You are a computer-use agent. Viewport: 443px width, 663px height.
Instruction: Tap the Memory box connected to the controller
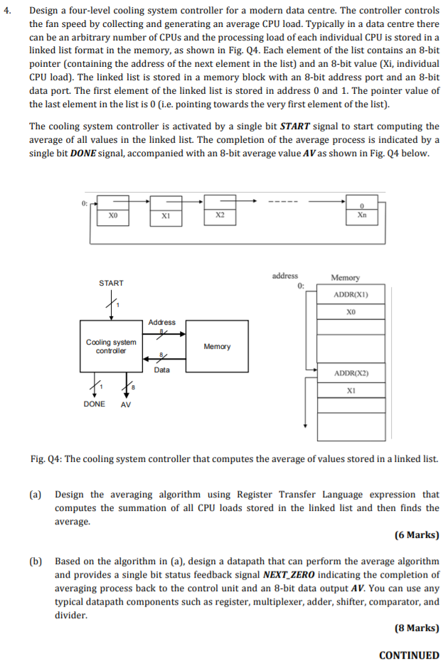[217, 346]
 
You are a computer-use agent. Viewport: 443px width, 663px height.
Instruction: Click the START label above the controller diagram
[111, 283]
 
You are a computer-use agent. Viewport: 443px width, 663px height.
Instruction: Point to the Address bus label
[162, 323]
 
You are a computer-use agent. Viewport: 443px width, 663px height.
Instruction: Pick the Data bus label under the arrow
[162, 370]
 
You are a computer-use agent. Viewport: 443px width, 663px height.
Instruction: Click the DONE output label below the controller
[95, 404]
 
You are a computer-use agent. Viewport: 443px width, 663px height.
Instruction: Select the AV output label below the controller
[126, 404]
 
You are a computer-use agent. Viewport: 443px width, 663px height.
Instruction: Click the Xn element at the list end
[362, 215]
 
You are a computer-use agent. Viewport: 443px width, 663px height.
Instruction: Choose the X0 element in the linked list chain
[112, 215]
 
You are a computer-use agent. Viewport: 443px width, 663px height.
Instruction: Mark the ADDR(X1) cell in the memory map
[351, 295]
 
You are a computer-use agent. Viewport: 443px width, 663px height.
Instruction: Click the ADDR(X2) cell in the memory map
[351, 373]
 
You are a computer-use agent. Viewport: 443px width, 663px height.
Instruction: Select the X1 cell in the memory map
[351, 390]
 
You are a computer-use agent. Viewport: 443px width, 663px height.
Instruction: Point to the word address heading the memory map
[285, 276]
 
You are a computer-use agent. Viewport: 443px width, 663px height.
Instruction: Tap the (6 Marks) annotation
[416, 535]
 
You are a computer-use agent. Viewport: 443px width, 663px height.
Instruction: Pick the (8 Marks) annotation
[416, 627]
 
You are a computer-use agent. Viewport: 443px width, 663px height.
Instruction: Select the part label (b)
[36, 561]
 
